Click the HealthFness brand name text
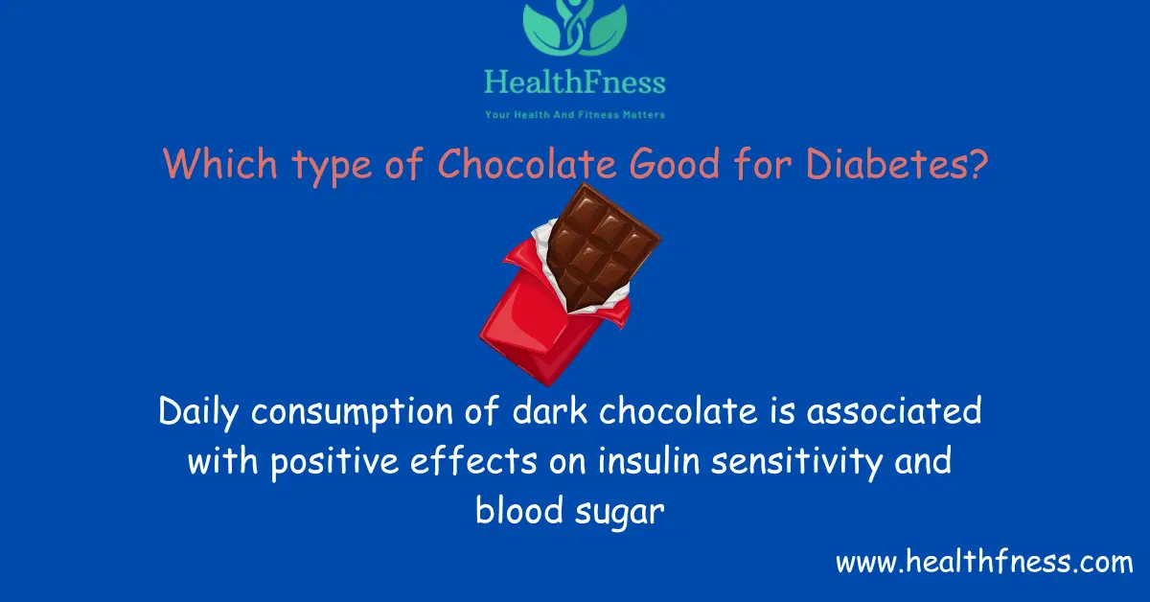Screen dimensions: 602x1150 (574, 83)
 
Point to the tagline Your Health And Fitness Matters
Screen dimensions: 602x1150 (574, 115)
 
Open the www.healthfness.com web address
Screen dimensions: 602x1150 (984, 562)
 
